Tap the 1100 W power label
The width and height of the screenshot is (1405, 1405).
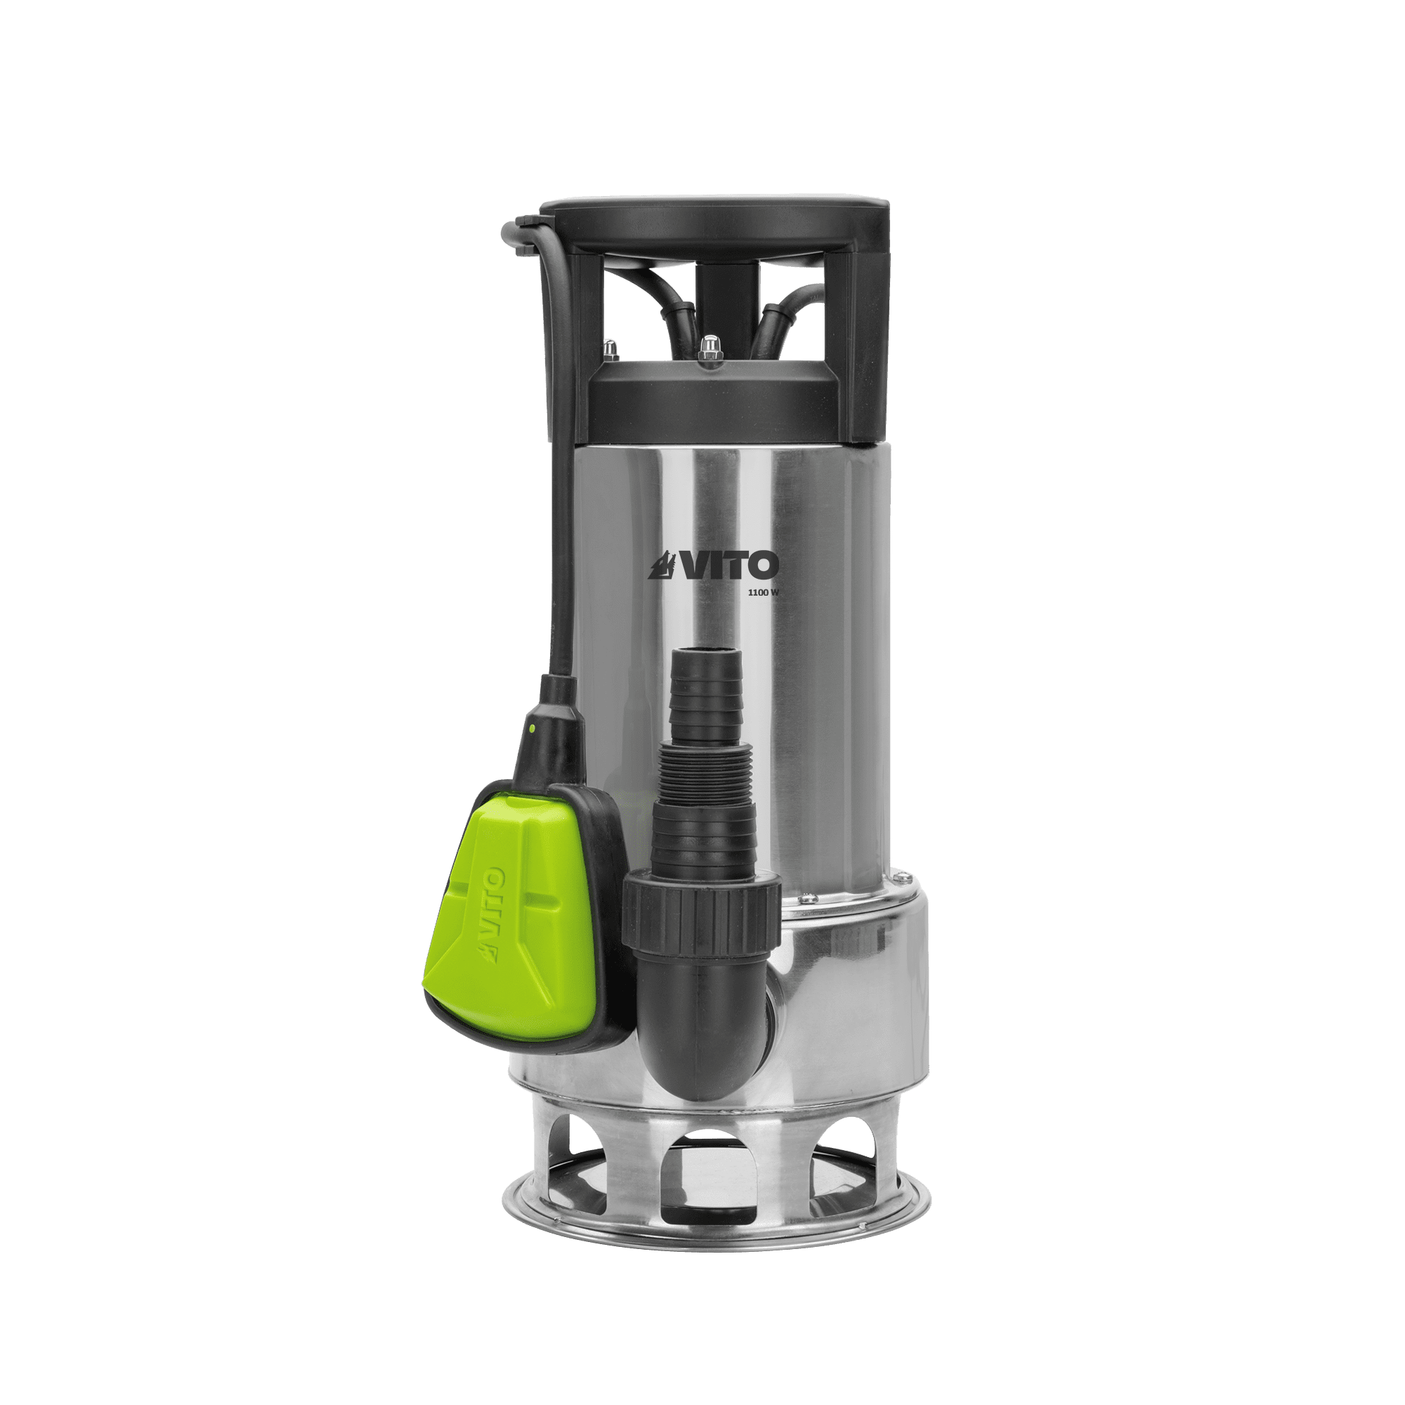pos(760,593)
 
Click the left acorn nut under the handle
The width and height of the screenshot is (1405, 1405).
pos(609,348)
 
